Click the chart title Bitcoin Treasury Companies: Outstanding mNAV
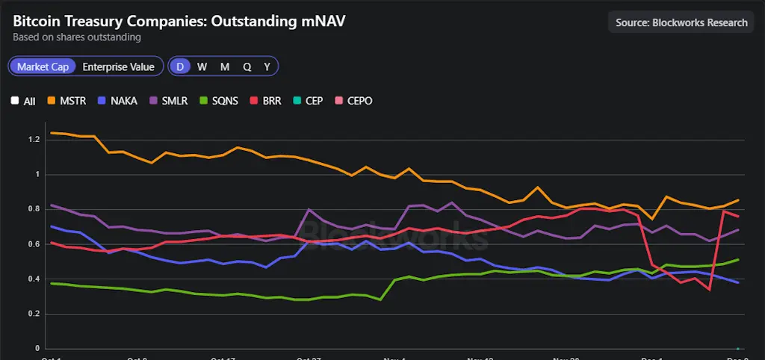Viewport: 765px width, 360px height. point(179,21)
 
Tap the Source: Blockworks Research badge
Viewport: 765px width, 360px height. point(681,22)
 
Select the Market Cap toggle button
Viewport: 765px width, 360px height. point(43,66)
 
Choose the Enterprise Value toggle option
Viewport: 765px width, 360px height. point(118,66)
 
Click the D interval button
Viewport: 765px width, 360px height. point(179,66)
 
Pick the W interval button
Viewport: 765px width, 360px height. point(202,66)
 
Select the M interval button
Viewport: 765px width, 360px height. point(224,66)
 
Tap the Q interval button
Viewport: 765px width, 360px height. point(247,66)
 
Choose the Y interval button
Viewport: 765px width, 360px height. point(267,66)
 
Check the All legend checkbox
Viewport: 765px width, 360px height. point(15,101)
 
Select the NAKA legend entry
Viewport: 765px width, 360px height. point(117,100)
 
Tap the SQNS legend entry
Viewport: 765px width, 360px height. point(217,100)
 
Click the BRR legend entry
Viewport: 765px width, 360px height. point(265,100)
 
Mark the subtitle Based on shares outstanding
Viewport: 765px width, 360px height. point(77,37)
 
